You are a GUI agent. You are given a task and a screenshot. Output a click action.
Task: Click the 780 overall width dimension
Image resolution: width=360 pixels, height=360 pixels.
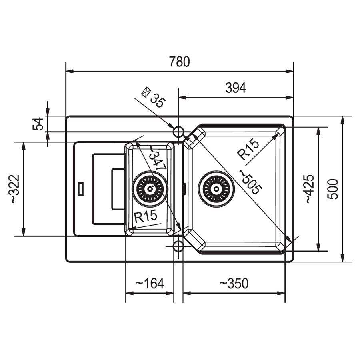click(x=180, y=62)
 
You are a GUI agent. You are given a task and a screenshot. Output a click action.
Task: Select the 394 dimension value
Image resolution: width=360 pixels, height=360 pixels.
click(x=236, y=88)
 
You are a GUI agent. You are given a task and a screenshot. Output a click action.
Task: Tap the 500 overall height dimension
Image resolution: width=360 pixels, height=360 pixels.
click(x=333, y=189)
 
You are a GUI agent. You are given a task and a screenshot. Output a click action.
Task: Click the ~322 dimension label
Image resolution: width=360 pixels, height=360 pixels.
click(x=15, y=189)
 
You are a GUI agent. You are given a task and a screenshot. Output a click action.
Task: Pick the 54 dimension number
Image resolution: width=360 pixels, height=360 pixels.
click(x=38, y=124)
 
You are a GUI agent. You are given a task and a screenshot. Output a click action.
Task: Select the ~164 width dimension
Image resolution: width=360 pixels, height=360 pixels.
click(x=150, y=283)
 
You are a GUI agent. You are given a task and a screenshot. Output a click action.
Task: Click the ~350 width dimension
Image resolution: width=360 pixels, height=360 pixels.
click(x=234, y=283)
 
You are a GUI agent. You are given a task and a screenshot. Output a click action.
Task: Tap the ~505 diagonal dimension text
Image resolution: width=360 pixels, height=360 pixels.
click(x=251, y=182)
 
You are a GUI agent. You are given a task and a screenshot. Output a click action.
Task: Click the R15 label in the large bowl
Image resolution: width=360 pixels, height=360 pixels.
click(x=248, y=149)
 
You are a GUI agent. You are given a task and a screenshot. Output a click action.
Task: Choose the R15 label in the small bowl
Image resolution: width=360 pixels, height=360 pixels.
click(x=146, y=216)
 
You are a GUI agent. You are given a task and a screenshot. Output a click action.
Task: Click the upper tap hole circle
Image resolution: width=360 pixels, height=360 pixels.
click(x=178, y=132)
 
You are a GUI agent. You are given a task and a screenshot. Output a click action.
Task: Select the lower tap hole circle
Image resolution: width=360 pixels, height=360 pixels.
click(x=178, y=246)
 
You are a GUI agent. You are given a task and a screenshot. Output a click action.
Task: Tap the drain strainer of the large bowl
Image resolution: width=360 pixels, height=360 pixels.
click(x=216, y=189)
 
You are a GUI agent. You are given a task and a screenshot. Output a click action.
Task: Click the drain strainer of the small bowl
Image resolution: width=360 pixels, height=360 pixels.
click(x=150, y=189)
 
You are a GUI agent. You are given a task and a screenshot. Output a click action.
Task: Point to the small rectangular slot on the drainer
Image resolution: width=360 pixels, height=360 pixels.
click(x=80, y=189)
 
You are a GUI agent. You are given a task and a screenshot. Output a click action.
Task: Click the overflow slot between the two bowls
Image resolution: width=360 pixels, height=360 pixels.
click(x=184, y=189)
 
